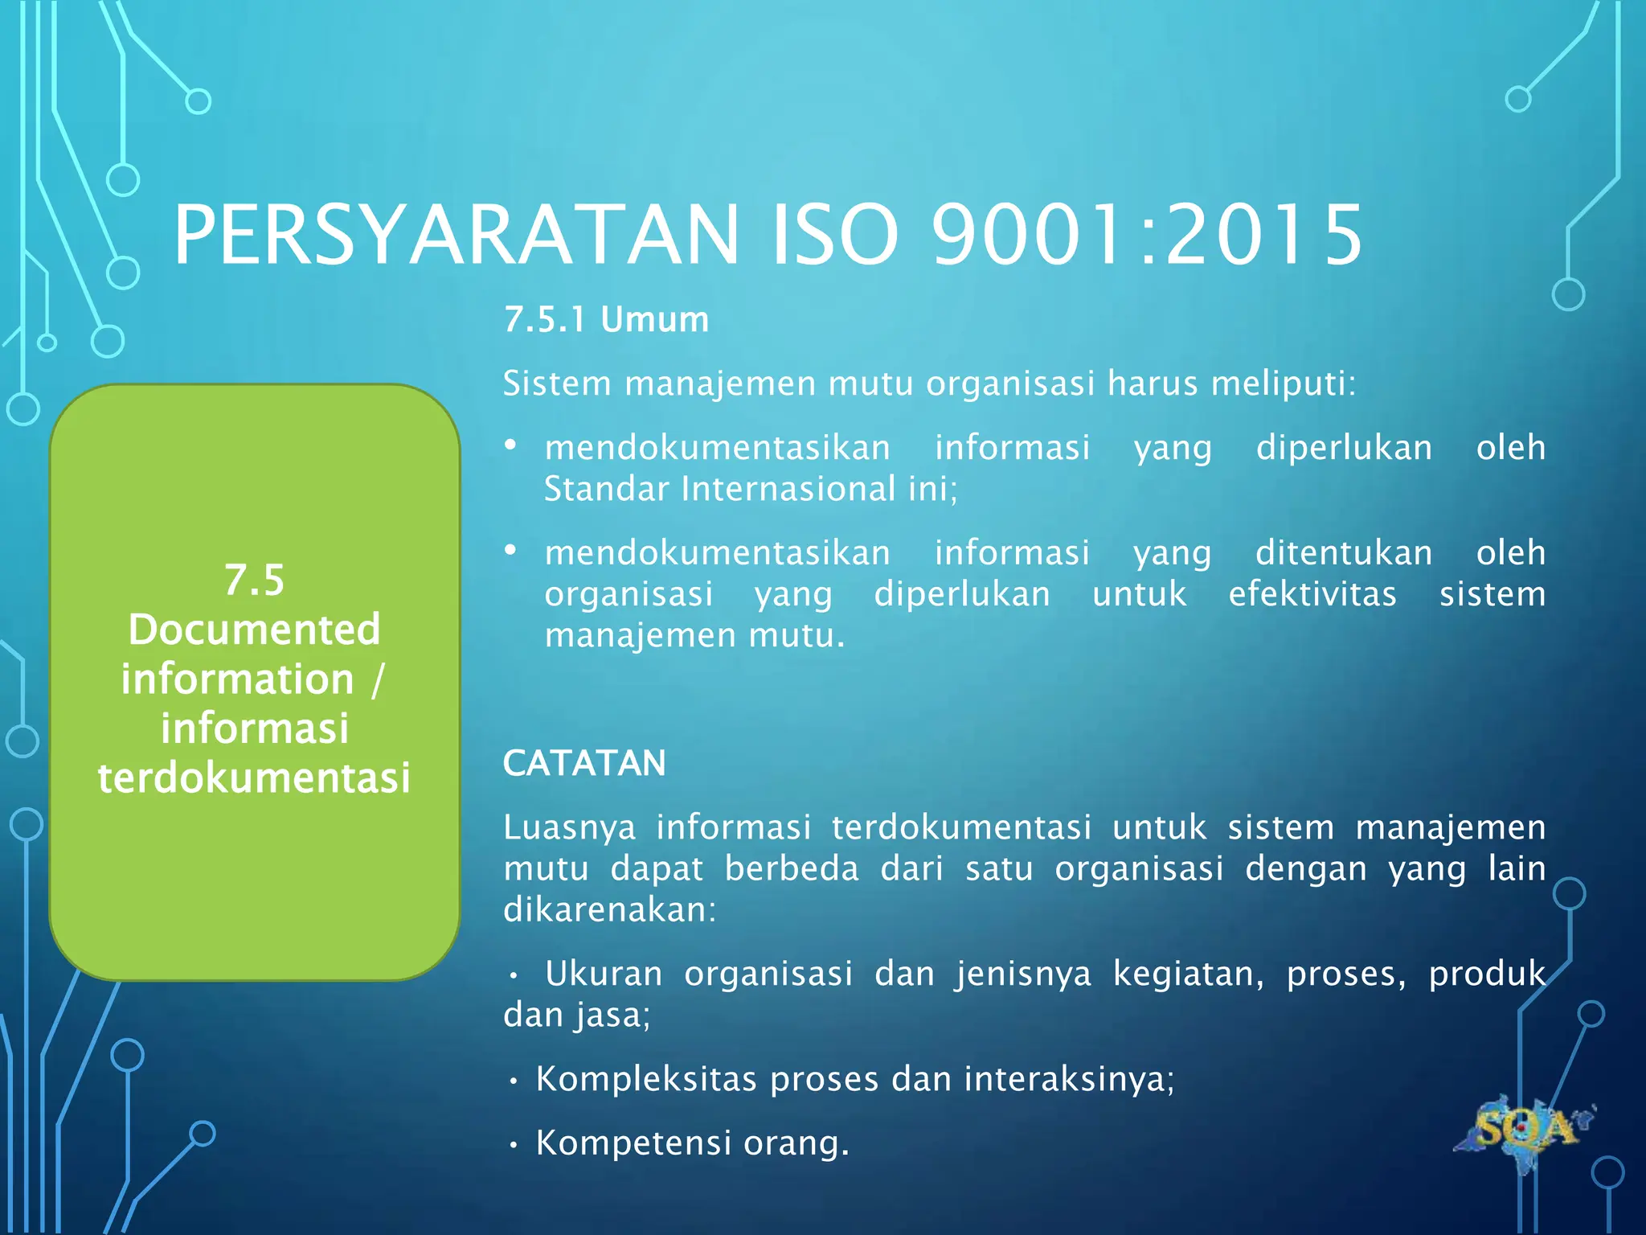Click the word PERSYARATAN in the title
[455, 235]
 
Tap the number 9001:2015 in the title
[1146, 235]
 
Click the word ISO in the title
[833, 235]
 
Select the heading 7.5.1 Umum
[606, 319]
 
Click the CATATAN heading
[584, 762]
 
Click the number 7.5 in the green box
[254, 580]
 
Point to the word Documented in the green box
[254, 629]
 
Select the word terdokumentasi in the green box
[254, 778]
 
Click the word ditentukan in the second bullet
[1344, 553]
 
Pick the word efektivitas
[1312, 594]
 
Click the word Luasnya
[569, 827]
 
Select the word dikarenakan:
[609, 909]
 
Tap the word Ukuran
[604, 974]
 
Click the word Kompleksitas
[646, 1079]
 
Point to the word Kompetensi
[633, 1143]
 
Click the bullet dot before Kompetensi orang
[513, 1145]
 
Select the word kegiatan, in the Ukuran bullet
[1188, 974]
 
